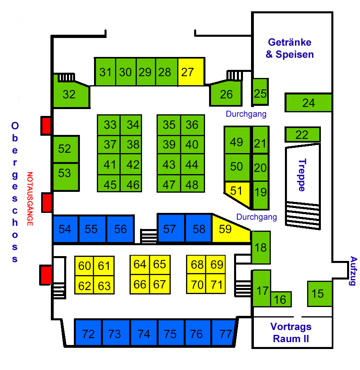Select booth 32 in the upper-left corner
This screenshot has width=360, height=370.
click(70, 95)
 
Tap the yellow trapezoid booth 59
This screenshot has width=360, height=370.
click(227, 229)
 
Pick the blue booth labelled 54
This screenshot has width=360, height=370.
click(65, 229)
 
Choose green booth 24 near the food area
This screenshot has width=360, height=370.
click(308, 103)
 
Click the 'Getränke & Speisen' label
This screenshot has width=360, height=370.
click(290, 48)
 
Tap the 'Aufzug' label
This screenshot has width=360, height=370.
click(354, 271)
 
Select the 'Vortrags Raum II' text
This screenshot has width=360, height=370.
click(291, 332)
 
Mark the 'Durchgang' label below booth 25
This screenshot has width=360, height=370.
click(246, 114)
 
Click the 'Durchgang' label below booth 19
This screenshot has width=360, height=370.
click(257, 217)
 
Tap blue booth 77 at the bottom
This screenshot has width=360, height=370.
click(225, 334)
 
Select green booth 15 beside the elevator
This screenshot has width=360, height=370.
click(319, 294)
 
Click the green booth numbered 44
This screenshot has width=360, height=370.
click(192, 164)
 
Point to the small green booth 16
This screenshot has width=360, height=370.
click(280, 299)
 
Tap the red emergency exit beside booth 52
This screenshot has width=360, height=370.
click(46, 126)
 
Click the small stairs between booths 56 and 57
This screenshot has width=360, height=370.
click(149, 236)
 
